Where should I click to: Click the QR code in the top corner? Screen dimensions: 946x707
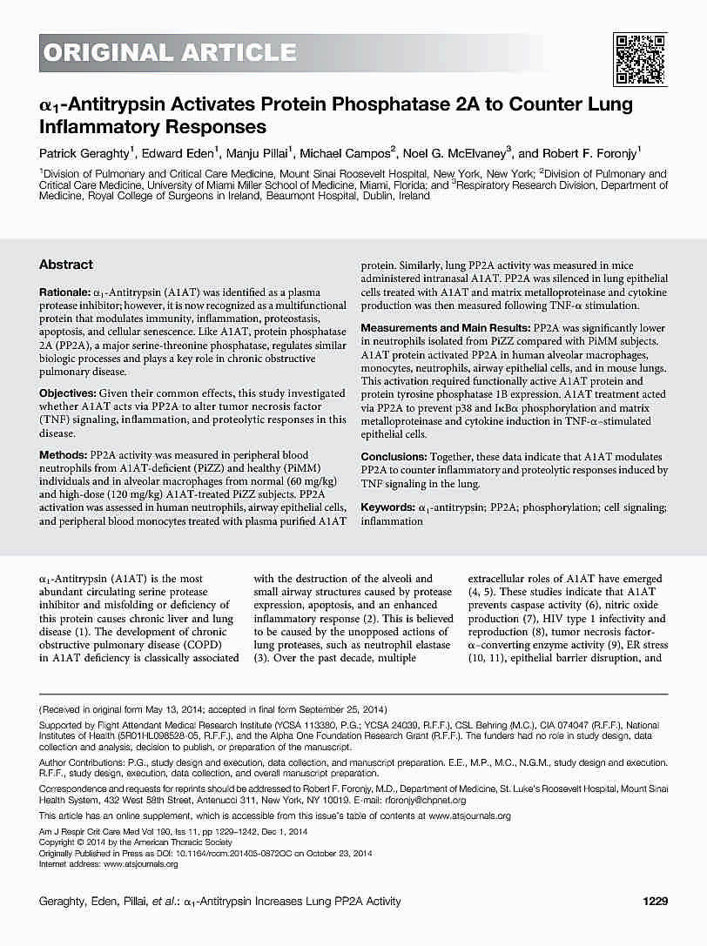pyautogui.click(x=640, y=58)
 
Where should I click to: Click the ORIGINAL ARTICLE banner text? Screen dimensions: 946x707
pyautogui.click(x=170, y=54)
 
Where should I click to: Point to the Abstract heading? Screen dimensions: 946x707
pyautogui.click(x=66, y=265)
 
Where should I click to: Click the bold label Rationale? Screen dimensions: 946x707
pyautogui.click(x=64, y=290)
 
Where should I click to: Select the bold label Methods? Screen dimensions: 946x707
pyautogui.click(x=63, y=455)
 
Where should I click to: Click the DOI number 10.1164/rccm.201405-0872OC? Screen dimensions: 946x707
pyautogui.click(x=226, y=853)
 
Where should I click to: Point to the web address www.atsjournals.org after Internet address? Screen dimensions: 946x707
pyautogui.click(x=136, y=863)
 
